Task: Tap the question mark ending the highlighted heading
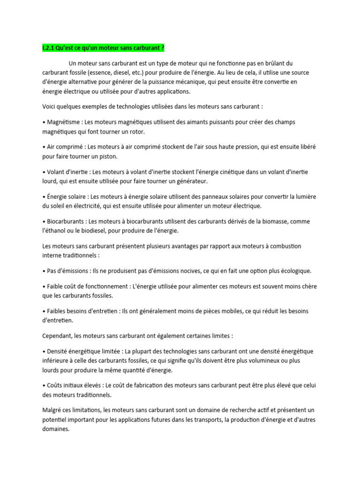(x=163, y=48)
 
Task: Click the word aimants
(x=193, y=122)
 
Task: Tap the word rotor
(x=136, y=132)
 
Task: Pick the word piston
(x=108, y=156)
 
